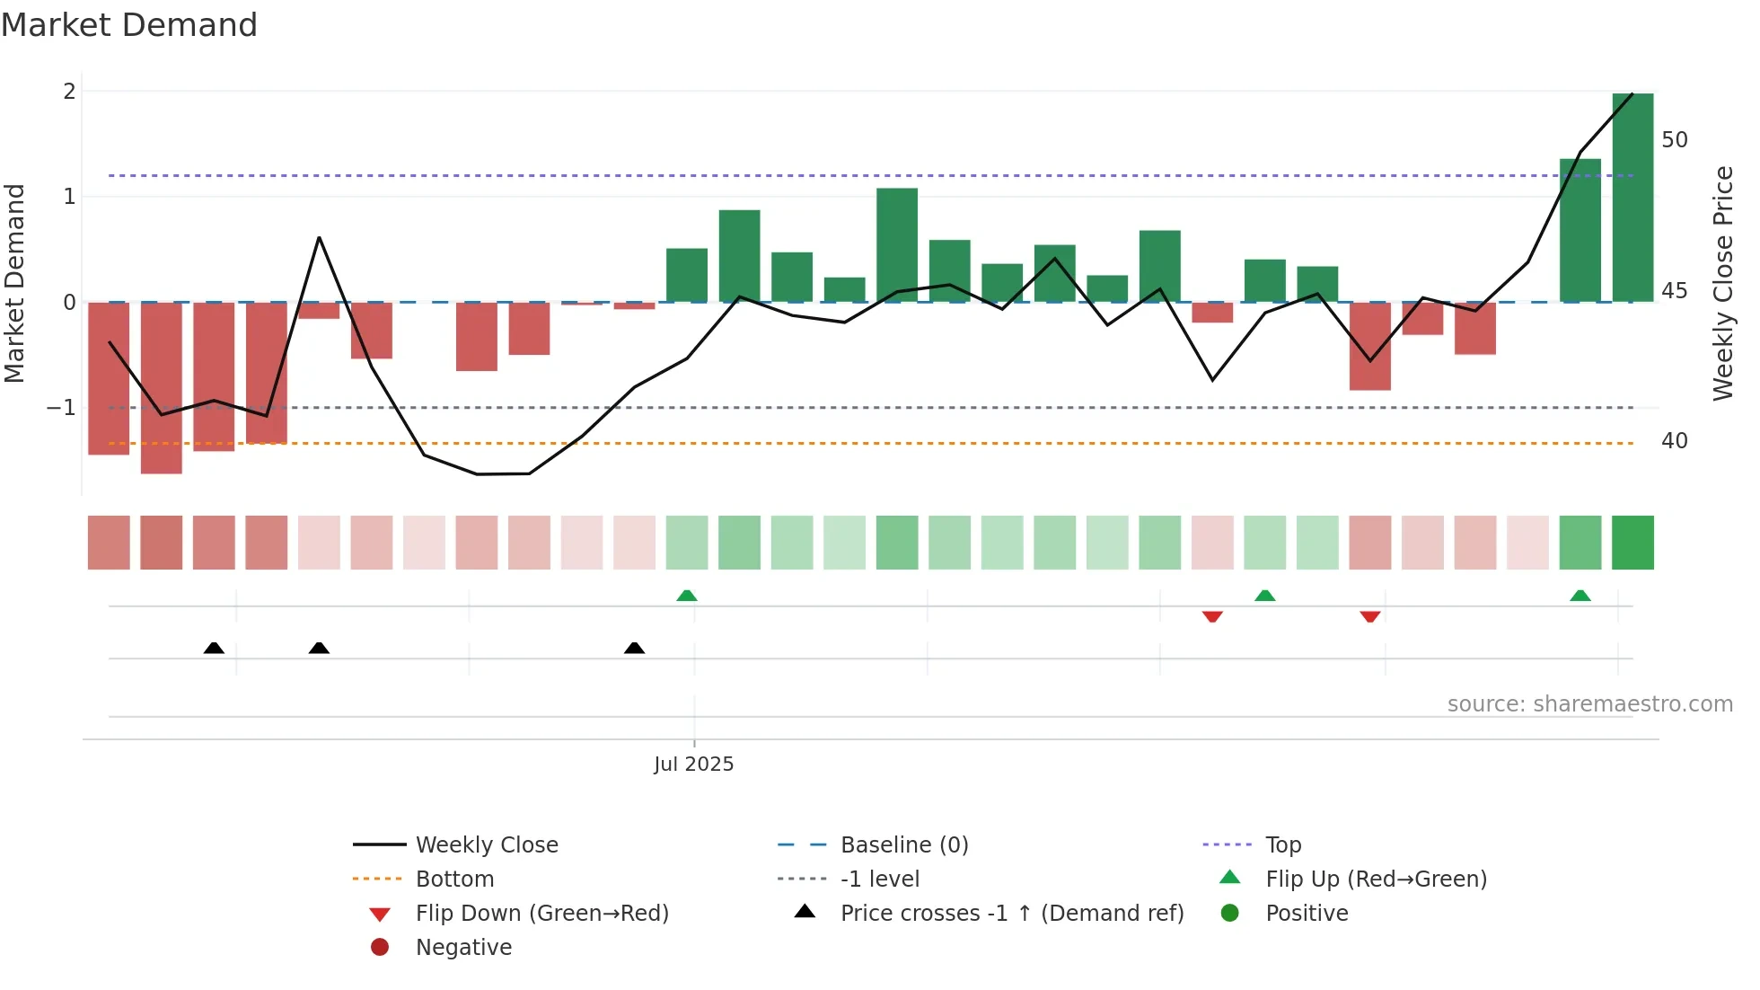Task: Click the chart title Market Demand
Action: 129,25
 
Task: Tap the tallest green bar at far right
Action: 1632,198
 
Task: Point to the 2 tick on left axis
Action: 69,91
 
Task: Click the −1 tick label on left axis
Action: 61,408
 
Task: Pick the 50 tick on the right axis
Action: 1675,140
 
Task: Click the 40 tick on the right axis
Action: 1675,441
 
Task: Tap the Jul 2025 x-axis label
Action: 693,765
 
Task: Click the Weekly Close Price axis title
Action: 1722,283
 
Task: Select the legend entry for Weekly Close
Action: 486,845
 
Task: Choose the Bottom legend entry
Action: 454,880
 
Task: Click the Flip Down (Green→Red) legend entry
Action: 541,914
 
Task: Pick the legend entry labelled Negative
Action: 463,948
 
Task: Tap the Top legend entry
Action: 1283,845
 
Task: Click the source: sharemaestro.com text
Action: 1589,704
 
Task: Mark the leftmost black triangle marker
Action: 214,648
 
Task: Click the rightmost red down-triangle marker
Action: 1369,616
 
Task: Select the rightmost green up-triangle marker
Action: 1580,596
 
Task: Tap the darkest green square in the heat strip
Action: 1632,543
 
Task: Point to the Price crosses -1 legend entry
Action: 1011,914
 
